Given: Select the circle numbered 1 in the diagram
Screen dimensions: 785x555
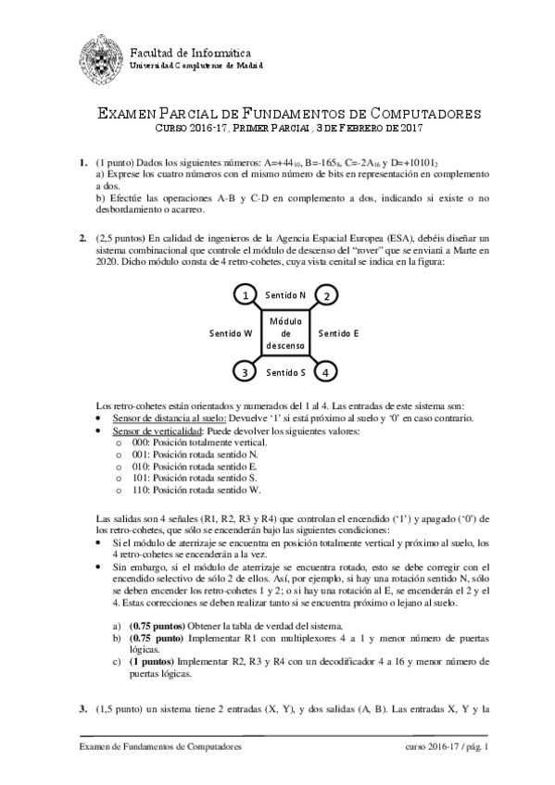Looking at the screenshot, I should [x=244, y=294].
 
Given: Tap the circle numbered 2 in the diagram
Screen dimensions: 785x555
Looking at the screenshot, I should [x=326, y=294].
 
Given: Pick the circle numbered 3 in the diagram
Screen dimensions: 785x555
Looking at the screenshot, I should [x=244, y=372].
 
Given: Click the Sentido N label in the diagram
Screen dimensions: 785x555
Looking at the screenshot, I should [x=285, y=294].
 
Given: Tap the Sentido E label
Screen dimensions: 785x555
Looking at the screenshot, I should [x=338, y=331].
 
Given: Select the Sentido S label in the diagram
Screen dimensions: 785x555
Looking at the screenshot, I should [x=285, y=373].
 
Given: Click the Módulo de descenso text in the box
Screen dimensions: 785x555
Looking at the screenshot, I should [x=285, y=332].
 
